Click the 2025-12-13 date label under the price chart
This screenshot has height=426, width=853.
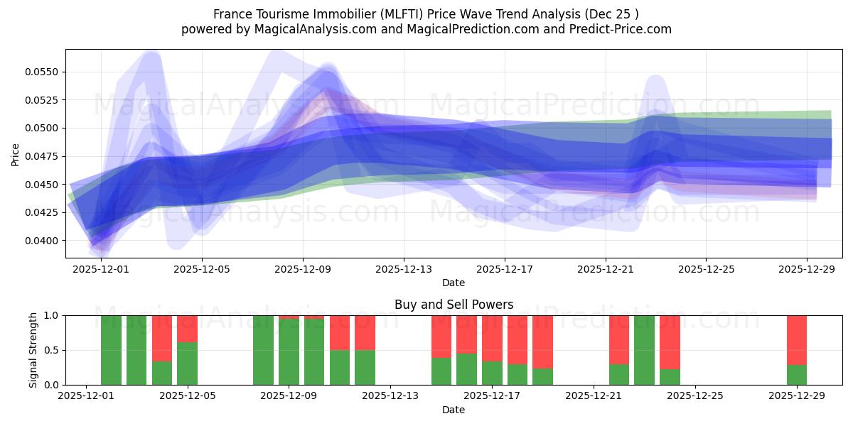pos(403,270)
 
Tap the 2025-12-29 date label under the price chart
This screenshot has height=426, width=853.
pos(807,270)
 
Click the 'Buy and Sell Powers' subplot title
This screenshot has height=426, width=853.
pos(454,305)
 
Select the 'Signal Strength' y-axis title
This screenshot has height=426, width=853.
pos(33,350)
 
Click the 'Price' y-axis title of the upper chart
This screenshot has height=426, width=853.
pos(16,154)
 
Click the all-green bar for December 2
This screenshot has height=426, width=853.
pos(111,350)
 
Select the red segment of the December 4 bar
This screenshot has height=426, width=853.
pos(162,338)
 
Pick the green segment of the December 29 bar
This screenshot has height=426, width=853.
pos(797,375)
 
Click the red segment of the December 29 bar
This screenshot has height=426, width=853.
pos(797,339)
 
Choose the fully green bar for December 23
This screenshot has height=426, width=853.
pos(644,350)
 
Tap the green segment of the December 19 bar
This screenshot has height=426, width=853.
pos(542,376)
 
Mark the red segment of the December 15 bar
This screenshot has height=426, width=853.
pos(441,336)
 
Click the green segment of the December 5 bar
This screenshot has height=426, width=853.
pos(187,364)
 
